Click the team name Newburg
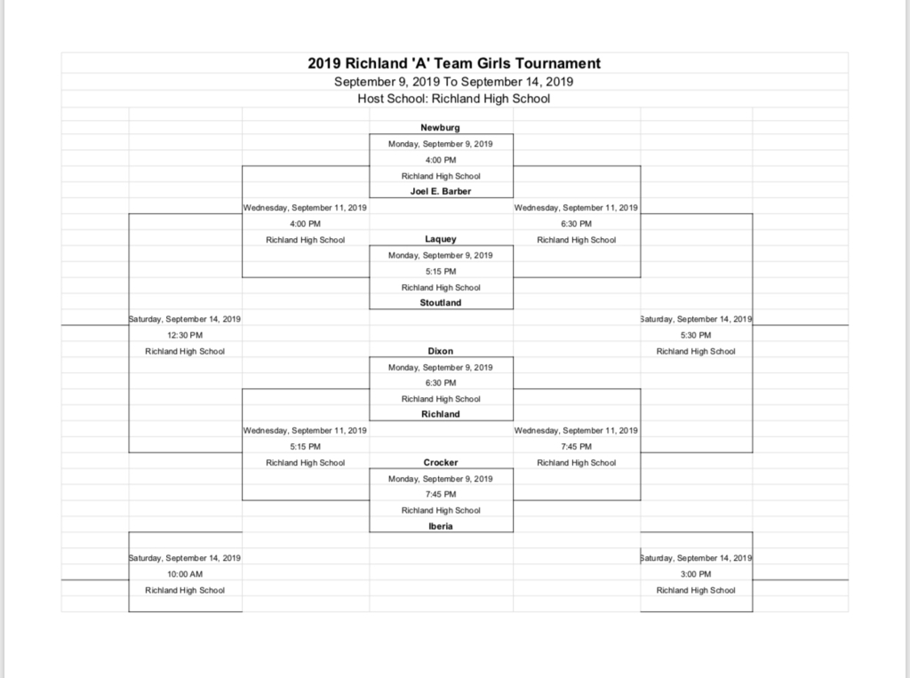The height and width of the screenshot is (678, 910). pyautogui.click(x=440, y=128)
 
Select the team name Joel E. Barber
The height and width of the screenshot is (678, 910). pyautogui.click(x=441, y=191)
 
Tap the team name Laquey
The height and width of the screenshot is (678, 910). pyautogui.click(x=441, y=239)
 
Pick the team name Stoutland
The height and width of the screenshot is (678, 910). pyautogui.click(x=441, y=302)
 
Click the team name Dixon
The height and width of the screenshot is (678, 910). pyautogui.click(x=441, y=351)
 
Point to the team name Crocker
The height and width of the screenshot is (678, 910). pyautogui.click(x=441, y=463)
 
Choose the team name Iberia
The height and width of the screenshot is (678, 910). pyautogui.click(x=441, y=527)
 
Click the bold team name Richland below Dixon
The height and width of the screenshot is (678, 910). pyautogui.click(x=441, y=414)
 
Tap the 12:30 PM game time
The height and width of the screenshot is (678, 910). pyautogui.click(x=185, y=335)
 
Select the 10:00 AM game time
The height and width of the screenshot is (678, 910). pyautogui.click(x=185, y=574)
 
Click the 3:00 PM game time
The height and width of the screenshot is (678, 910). pyautogui.click(x=696, y=574)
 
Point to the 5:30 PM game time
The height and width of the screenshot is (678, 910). pyautogui.click(x=696, y=335)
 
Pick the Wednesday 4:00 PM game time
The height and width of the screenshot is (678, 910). pyautogui.click(x=306, y=224)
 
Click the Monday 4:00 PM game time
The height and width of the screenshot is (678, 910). pyautogui.click(x=441, y=160)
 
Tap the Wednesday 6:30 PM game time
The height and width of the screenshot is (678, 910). pyautogui.click(x=576, y=224)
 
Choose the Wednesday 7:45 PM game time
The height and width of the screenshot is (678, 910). pyautogui.click(x=576, y=446)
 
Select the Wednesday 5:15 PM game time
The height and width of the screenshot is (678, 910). pyautogui.click(x=306, y=446)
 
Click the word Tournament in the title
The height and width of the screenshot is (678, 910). pyautogui.click(x=558, y=63)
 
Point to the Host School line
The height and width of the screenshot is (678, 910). pyautogui.click(x=454, y=99)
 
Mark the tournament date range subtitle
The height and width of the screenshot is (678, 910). pyautogui.click(x=454, y=82)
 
